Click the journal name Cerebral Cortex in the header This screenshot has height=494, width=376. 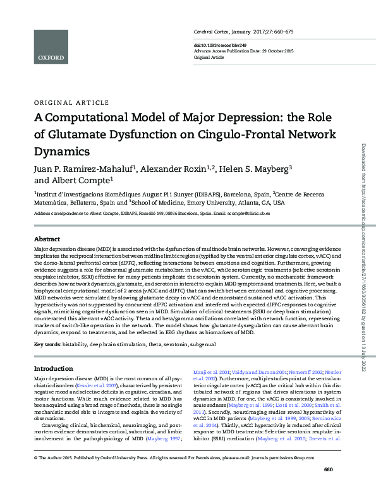213,31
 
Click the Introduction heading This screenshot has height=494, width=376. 53,368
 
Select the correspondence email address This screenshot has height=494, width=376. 245,214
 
